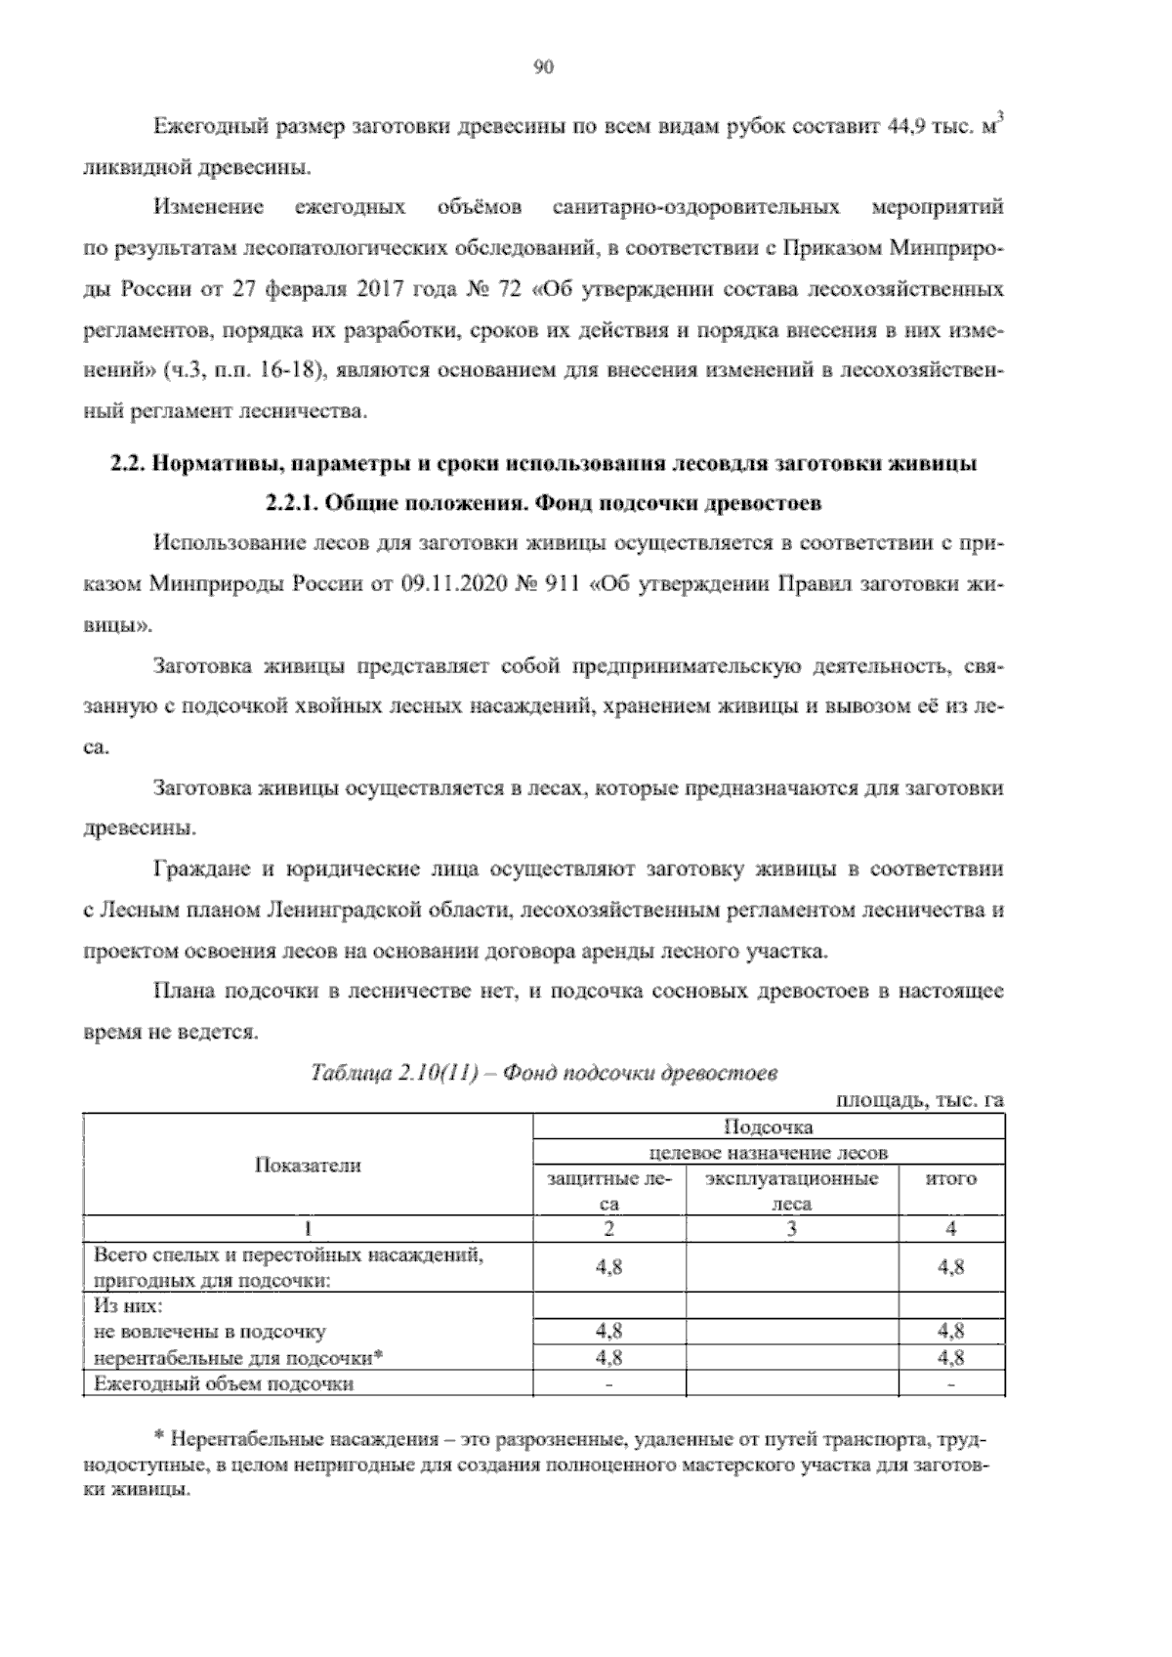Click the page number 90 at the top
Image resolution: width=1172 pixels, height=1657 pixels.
(x=544, y=66)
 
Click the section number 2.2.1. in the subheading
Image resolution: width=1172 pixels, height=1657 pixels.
(x=290, y=504)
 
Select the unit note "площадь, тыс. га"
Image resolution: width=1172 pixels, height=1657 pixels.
(x=919, y=1101)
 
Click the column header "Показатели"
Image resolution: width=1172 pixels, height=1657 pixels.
(x=308, y=1165)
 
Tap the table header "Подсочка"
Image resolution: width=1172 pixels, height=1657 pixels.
(x=768, y=1127)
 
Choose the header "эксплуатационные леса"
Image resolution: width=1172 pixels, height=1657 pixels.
(x=791, y=1191)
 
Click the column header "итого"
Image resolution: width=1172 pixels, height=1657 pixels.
(x=950, y=1179)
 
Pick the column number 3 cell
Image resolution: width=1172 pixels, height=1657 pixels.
(x=791, y=1229)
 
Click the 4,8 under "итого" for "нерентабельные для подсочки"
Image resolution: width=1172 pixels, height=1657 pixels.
(x=950, y=1358)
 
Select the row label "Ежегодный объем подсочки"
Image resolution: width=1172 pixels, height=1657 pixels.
(x=223, y=1384)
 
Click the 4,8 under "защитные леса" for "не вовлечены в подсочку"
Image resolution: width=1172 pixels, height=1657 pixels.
(x=609, y=1332)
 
